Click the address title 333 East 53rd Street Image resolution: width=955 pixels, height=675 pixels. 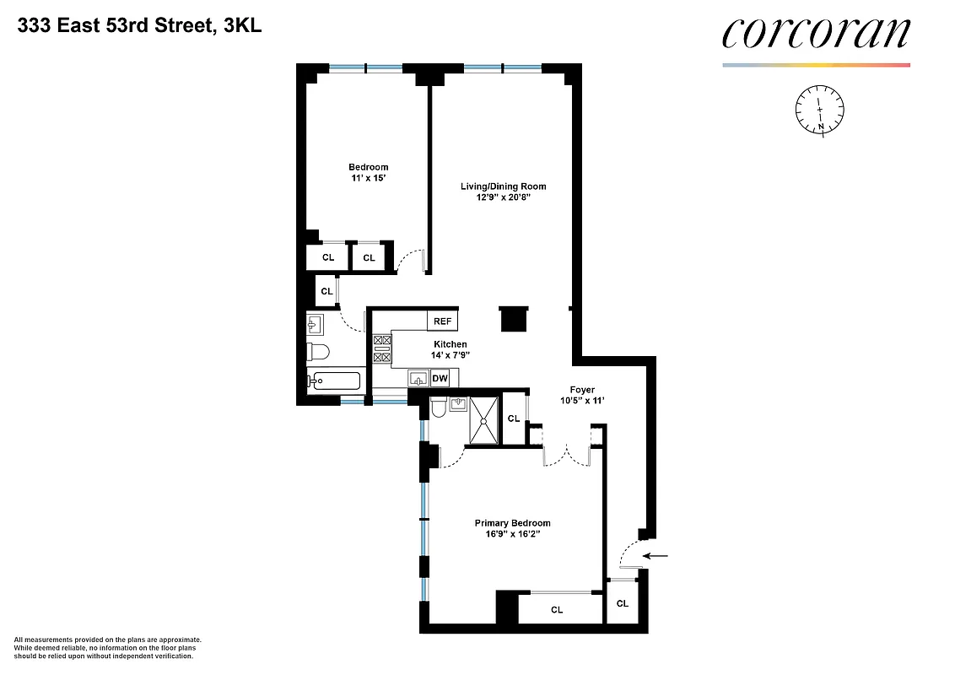(x=139, y=26)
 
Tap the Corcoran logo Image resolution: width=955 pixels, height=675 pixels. (x=816, y=34)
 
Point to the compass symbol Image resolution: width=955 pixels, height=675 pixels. (x=820, y=109)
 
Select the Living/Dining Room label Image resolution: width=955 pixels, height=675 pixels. (x=503, y=192)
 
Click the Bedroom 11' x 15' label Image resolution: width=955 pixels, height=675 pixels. (x=369, y=173)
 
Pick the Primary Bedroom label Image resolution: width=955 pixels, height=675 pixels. (x=512, y=528)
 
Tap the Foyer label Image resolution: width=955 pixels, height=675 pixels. (x=581, y=395)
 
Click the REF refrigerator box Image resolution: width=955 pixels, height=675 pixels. (x=443, y=321)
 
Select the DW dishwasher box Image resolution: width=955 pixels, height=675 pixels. (x=440, y=379)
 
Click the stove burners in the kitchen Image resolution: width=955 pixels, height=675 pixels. (x=381, y=349)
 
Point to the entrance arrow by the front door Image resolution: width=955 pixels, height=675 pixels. (x=655, y=556)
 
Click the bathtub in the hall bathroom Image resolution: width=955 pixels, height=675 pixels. (x=334, y=381)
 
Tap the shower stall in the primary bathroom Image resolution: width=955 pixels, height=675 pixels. (x=484, y=419)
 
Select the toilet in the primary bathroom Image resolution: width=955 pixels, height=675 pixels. (x=437, y=409)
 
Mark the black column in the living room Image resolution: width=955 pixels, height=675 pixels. (x=512, y=319)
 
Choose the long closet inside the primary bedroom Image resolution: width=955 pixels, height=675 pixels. (x=556, y=609)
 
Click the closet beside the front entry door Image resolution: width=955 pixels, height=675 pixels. (x=622, y=603)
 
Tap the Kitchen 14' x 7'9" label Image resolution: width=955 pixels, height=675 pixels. (x=451, y=350)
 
